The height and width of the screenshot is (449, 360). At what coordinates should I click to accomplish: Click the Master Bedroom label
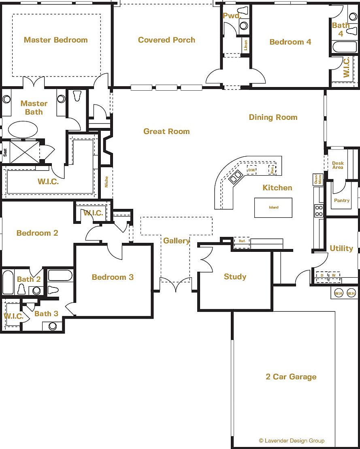[x=56, y=40]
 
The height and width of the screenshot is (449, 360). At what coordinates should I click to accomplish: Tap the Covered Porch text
[x=166, y=40]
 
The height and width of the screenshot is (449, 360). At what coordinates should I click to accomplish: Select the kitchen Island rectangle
[x=273, y=207]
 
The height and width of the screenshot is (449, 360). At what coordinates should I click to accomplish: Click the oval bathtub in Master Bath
[x=23, y=130]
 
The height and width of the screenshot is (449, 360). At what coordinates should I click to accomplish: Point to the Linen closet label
[x=245, y=45]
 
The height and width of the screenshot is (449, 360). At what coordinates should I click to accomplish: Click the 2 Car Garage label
[x=291, y=377]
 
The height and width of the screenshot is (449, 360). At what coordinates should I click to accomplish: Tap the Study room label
[x=235, y=277]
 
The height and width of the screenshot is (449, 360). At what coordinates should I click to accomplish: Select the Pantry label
[x=341, y=200]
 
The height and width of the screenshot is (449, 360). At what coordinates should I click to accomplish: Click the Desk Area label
[x=338, y=165]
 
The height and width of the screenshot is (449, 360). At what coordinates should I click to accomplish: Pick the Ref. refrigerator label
[x=242, y=241]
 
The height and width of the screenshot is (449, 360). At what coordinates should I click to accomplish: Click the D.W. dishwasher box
[x=251, y=170]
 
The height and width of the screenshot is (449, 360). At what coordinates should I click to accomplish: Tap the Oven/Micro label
[x=318, y=179]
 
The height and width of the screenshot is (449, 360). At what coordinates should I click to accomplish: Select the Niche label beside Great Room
[x=106, y=182]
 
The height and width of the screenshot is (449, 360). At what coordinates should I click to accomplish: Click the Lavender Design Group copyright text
[x=292, y=440]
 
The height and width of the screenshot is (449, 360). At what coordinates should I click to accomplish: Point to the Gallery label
[x=176, y=240]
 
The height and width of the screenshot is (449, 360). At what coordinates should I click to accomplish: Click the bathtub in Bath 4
[x=344, y=47]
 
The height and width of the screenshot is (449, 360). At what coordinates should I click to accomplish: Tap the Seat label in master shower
[x=5, y=152]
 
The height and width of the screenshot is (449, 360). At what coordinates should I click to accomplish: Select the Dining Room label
[x=273, y=117]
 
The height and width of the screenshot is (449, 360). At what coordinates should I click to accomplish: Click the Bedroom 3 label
[x=113, y=277]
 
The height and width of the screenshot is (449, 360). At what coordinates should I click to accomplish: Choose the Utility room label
[x=341, y=248]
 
